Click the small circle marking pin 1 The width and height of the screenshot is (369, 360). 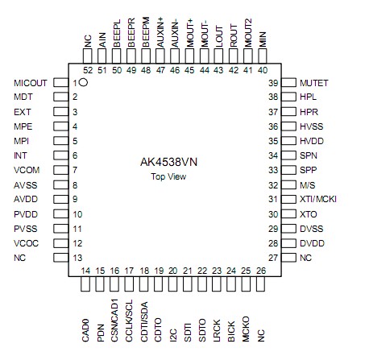[x=84, y=83]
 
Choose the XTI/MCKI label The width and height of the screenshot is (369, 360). [x=317, y=200]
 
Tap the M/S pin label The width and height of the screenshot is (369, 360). [x=306, y=185]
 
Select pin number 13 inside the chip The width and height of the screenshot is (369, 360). [x=78, y=258]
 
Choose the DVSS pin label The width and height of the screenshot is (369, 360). [x=310, y=229]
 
